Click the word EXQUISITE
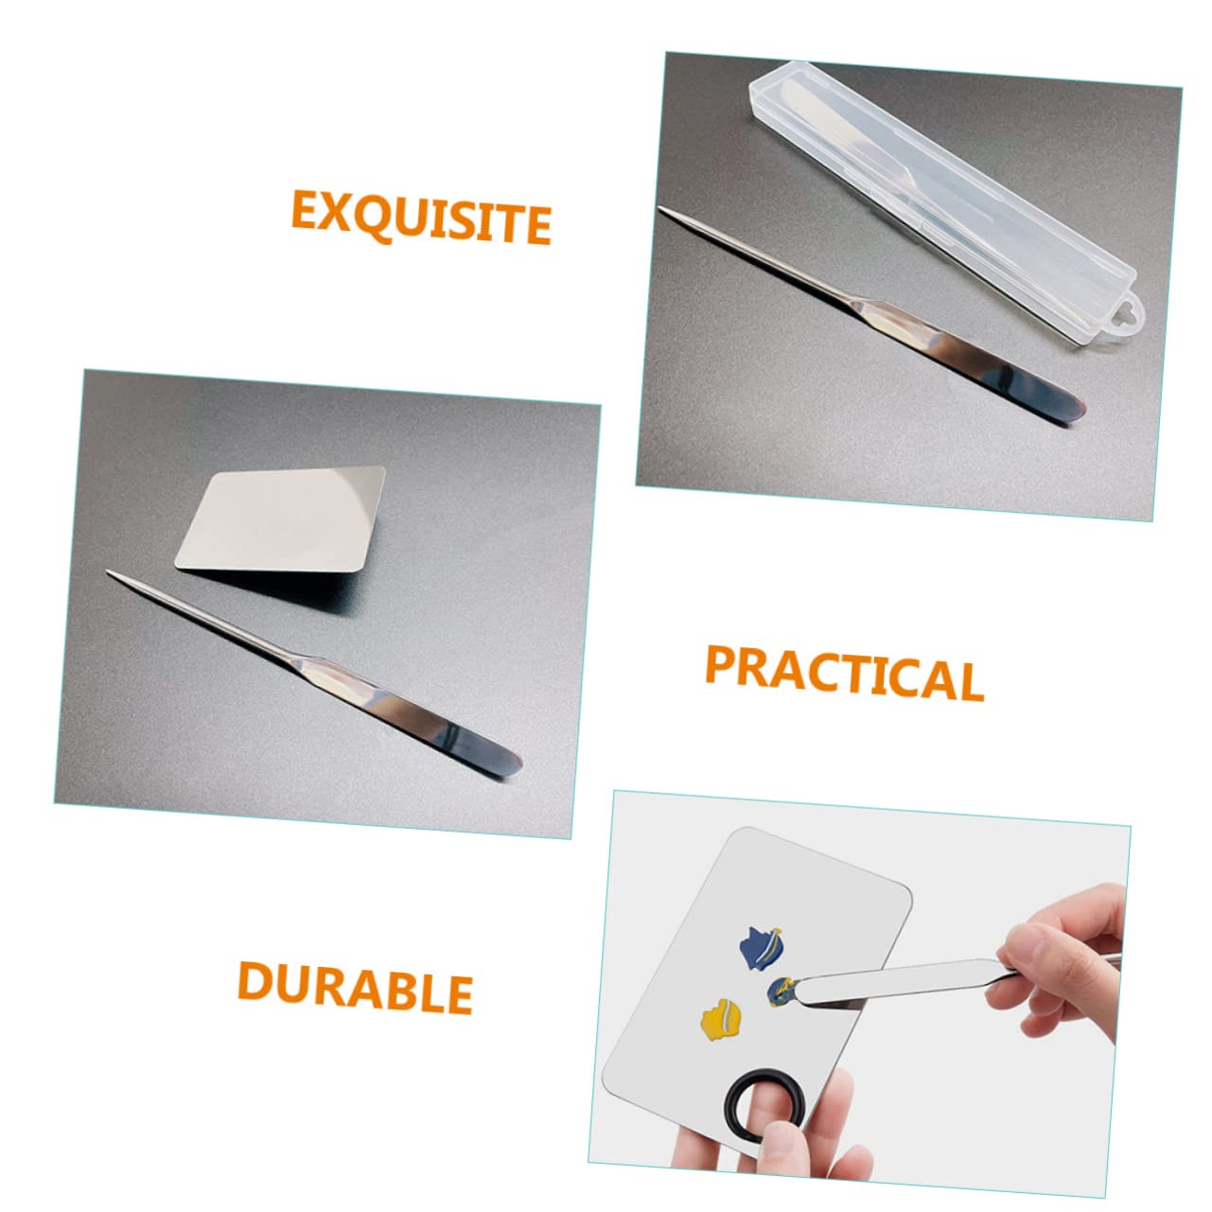click(420, 217)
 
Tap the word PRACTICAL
click(843, 672)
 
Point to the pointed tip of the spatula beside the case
click(663, 210)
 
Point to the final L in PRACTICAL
click(969, 681)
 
